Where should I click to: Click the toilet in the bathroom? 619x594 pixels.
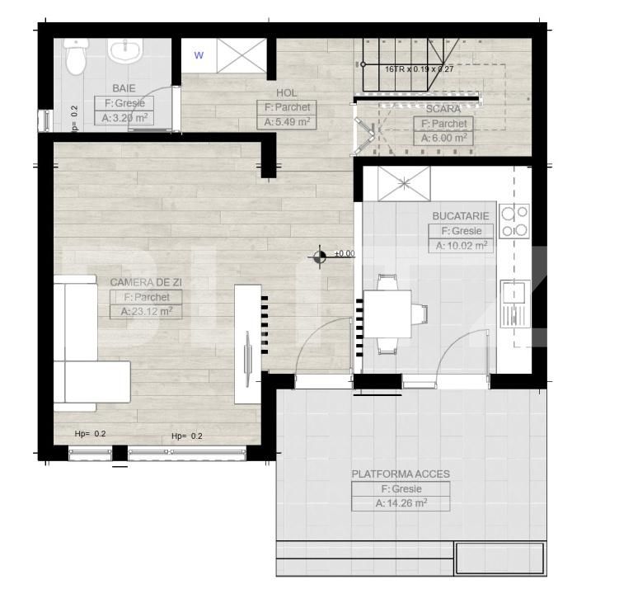click(77, 57)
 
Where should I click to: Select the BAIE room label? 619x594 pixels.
click(124, 87)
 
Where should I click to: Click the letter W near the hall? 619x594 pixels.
click(199, 56)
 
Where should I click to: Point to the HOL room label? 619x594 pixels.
click(287, 93)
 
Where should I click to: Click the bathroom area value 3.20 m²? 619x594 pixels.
click(124, 118)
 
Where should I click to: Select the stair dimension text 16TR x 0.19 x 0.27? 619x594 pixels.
click(419, 70)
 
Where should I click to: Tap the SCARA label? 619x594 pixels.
click(444, 108)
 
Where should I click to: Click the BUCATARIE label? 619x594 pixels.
click(460, 216)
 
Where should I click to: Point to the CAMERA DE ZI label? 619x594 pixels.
click(147, 282)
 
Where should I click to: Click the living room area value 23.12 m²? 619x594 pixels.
click(147, 312)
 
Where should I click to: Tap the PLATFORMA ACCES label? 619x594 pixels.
click(401, 474)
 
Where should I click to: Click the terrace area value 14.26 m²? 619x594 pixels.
click(401, 503)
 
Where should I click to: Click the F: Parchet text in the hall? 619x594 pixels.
click(287, 107)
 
